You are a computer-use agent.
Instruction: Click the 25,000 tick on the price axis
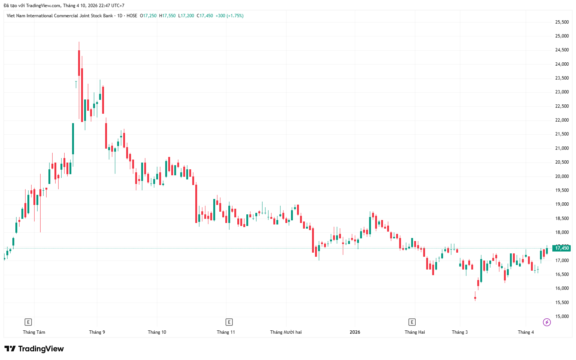point(562,36)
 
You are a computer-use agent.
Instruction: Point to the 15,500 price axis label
point(562,303)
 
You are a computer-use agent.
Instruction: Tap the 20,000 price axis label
point(562,176)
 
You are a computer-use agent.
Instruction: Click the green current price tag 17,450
point(562,248)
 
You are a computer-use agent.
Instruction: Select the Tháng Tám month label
point(34,332)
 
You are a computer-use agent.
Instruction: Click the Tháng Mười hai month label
point(286,332)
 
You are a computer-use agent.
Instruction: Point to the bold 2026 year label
point(355,332)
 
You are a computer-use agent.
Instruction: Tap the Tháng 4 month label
point(526,332)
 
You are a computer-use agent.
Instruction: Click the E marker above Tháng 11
point(229,322)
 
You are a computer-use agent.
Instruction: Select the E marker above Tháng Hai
point(412,322)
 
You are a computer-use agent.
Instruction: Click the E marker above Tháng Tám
point(28,322)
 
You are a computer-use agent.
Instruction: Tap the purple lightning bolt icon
point(547,322)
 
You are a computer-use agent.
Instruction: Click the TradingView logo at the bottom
point(34,349)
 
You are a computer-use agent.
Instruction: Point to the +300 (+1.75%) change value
point(229,16)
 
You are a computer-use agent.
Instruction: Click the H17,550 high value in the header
point(167,16)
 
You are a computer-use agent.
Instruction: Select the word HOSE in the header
point(132,16)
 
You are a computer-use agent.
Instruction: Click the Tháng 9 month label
point(97,332)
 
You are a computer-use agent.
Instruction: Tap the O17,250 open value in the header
point(148,16)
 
